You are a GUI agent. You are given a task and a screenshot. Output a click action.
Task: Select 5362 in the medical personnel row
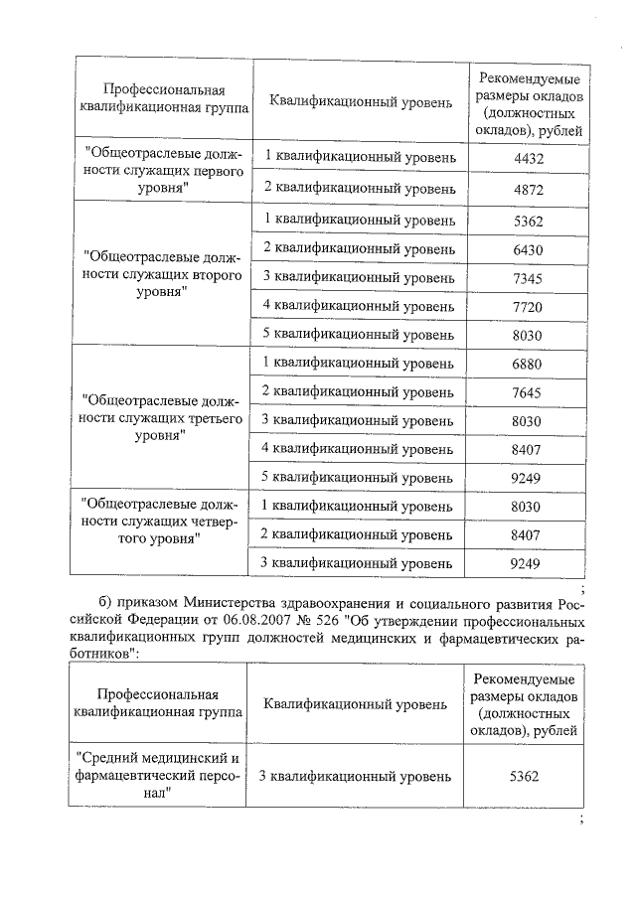[x=524, y=775]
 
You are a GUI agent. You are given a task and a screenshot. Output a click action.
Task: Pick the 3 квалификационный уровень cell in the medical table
[x=355, y=775]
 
